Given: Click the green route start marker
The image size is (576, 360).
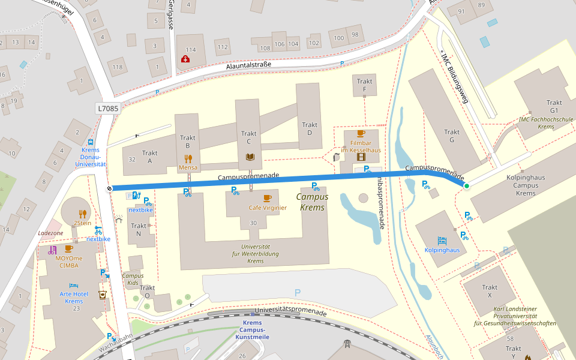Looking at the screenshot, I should pos(466,186).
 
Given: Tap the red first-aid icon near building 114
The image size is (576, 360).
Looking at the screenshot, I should pos(185,59).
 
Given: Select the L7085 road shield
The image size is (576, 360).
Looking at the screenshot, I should pos(107,108).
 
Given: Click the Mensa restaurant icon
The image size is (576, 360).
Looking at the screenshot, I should pos(188,158).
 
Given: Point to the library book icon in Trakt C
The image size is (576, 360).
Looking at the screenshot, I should pos(249,157).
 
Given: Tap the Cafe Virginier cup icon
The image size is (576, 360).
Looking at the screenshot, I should pos(267,198).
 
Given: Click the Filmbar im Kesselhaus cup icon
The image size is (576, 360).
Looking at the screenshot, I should pos(361,134).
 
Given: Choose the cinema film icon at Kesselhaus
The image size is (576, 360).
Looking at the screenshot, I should pos(361,157).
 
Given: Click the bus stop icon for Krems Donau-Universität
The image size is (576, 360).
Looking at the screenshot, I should pos(90,142).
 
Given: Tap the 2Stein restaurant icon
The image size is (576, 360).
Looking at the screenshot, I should pos(83,213).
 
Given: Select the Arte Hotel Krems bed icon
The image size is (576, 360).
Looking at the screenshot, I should pos(73,285).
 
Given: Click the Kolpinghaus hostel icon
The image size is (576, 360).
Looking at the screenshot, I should pos(442,240).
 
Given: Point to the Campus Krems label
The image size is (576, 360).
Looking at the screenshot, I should pos(311,202).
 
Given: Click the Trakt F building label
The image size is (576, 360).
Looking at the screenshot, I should pos(364,85).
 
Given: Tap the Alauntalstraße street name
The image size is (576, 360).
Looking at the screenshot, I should pos(249,64).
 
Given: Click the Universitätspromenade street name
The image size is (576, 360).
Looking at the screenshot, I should pos(290,311).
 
